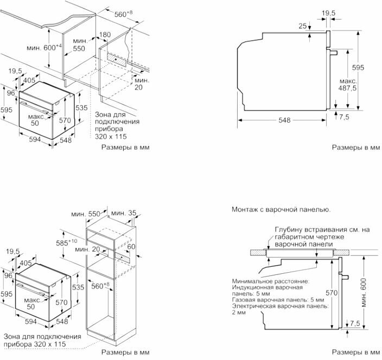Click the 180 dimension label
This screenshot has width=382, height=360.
(105, 35)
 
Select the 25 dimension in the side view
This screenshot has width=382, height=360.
(303, 26)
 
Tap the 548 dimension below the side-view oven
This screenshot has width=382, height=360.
(284, 120)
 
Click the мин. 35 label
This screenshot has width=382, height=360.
(124, 213)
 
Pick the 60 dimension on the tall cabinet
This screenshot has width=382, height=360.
(131, 247)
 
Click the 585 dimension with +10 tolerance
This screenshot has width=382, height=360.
(67, 242)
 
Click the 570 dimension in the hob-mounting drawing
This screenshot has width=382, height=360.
(332, 293)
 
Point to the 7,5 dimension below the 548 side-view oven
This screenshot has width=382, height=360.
(344, 117)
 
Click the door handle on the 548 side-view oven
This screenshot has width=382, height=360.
(334, 53)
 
